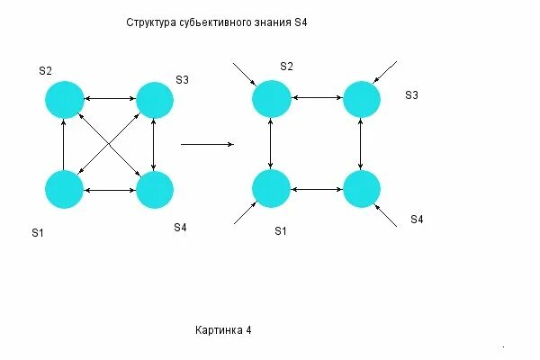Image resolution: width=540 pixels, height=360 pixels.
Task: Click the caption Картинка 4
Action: click(223, 330)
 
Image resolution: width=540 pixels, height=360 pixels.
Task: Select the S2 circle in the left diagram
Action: click(64, 98)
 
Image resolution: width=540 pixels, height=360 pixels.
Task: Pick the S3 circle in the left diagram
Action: click(155, 100)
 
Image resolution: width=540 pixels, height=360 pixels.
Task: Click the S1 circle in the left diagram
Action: click(64, 190)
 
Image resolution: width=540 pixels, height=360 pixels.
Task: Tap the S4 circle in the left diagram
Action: click(155, 190)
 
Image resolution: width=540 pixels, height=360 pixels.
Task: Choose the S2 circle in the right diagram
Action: click(271, 98)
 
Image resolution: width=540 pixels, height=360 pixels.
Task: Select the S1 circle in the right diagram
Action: click(271, 189)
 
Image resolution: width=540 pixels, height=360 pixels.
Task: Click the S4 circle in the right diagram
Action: click(362, 189)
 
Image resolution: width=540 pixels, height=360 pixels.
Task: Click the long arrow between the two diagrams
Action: click(208, 143)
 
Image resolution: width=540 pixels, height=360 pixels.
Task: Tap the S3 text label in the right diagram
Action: click(412, 94)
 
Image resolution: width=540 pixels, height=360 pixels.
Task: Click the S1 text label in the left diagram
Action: click(38, 233)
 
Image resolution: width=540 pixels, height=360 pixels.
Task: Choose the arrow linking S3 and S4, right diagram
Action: click(361, 144)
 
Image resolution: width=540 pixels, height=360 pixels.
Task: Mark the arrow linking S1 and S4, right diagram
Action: click(316, 189)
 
